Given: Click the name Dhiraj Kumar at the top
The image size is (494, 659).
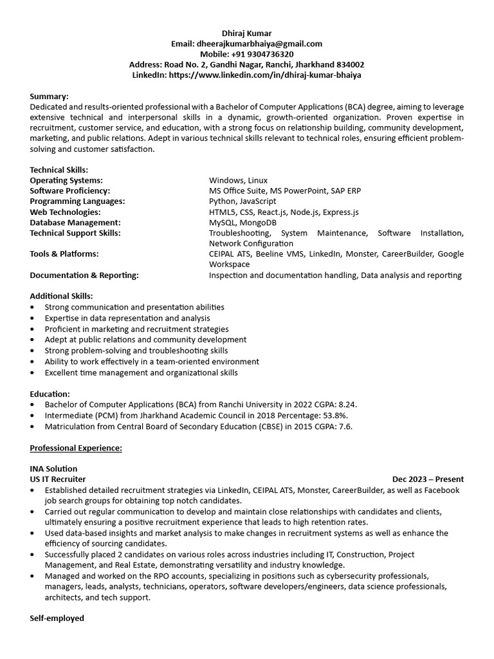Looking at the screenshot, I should [x=247, y=33].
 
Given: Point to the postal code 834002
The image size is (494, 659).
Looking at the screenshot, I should [x=351, y=64].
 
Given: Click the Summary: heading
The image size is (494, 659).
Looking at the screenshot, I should [x=49, y=97].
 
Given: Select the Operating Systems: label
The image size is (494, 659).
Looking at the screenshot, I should [x=66, y=180].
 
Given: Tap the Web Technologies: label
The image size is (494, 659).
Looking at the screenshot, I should [x=65, y=212].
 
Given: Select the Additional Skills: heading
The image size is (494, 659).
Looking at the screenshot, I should [x=61, y=296].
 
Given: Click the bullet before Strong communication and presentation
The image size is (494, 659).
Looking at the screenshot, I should [x=33, y=308].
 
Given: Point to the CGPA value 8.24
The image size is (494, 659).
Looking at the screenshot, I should [x=347, y=405].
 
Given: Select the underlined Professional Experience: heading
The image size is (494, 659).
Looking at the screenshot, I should [x=76, y=448].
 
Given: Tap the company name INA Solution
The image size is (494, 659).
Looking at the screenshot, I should [x=53, y=469].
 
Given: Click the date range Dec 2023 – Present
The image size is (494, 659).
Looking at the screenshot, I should [x=428, y=479].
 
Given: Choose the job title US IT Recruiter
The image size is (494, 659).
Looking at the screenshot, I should [x=58, y=479].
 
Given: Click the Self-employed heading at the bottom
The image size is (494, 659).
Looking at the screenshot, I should [x=57, y=618].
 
